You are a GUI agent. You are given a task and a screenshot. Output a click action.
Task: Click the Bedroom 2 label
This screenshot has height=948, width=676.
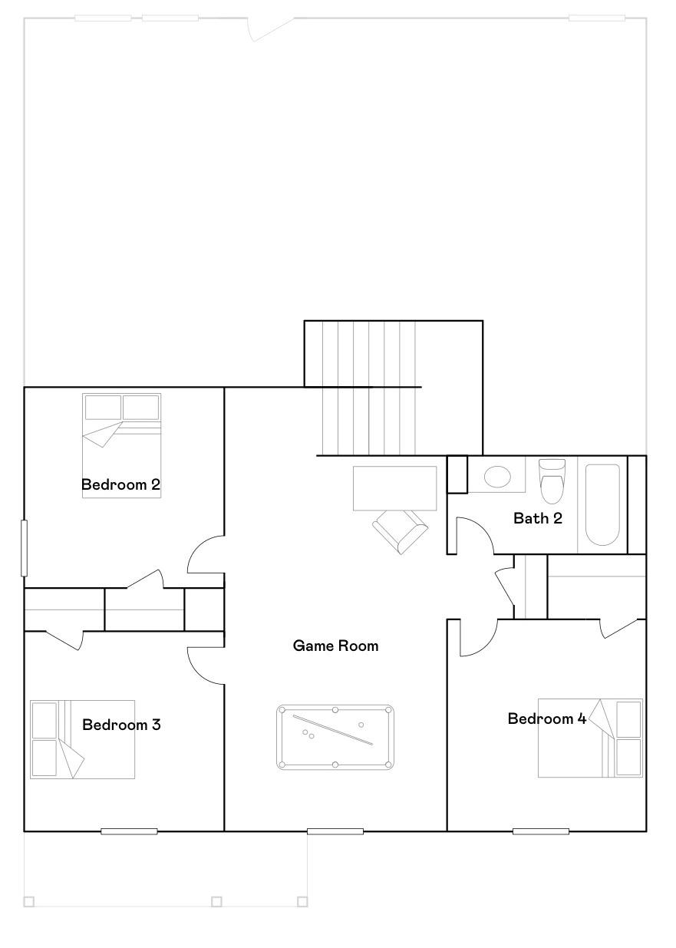pos(120,484)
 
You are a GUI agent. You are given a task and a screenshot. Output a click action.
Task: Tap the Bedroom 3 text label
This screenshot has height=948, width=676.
pos(121,725)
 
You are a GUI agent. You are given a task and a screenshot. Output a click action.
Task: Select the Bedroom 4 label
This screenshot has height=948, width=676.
pos(547,719)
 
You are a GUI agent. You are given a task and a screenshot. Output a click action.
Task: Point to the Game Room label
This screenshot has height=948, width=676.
pos(335,646)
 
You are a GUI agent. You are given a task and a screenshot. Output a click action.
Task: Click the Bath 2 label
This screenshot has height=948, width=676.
pos(537,518)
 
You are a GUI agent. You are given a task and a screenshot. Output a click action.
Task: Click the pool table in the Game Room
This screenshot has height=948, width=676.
pos(335,737)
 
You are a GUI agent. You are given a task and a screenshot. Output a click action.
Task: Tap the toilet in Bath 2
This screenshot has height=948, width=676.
pos(552,481)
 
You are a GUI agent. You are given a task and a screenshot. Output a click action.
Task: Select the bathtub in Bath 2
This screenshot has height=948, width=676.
pos(602,504)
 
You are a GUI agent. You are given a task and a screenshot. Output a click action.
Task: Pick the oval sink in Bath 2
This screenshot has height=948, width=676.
pos(497,477)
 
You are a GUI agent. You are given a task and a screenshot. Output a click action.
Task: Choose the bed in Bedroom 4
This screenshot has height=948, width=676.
pos(589,738)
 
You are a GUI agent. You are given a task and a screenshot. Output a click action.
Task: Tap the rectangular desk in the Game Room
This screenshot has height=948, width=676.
pos(394,487)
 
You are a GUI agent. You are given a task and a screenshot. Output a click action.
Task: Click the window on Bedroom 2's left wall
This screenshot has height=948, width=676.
pos(24,548)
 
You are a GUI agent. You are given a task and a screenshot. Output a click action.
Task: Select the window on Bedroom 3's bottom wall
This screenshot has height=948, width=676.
pos(129,831)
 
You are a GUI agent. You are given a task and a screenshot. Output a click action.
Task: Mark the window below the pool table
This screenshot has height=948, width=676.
pos(335,831)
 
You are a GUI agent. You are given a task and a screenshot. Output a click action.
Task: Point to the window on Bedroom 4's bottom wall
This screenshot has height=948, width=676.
pos(541,831)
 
